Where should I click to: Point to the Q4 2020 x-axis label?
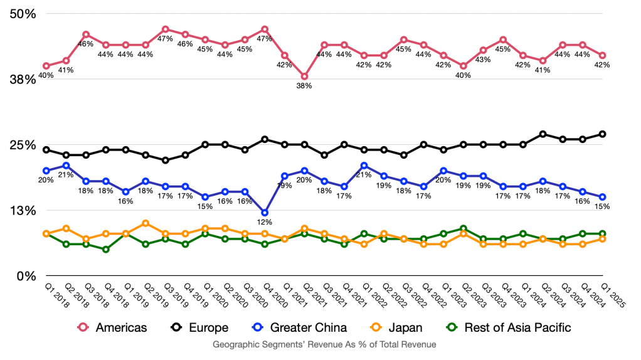(x=260, y=294)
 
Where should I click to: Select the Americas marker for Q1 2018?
(x=46, y=66)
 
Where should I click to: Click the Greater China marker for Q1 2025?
(x=603, y=197)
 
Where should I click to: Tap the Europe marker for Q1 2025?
(x=603, y=134)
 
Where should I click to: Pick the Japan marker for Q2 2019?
(x=146, y=223)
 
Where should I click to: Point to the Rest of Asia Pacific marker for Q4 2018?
(x=105, y=249)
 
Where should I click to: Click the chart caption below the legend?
(x=324, y=345)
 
